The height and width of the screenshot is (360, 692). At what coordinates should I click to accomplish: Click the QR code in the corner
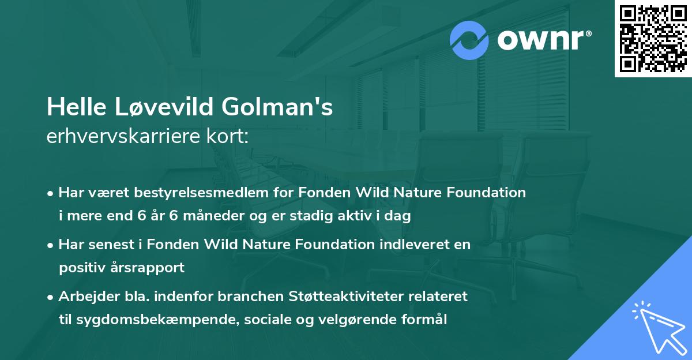(x=653, y=38)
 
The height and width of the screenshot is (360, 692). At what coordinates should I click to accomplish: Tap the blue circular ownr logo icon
(x=469, y=40)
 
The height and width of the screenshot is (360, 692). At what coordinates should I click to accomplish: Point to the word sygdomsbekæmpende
(x=147, y=320)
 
